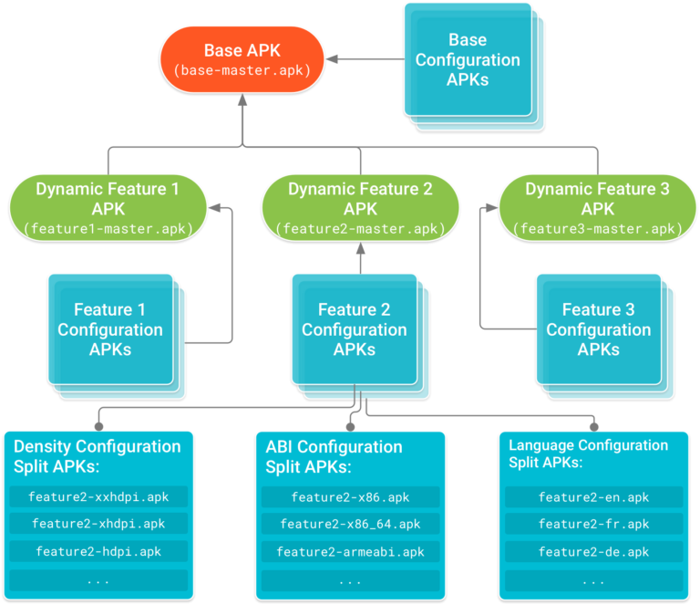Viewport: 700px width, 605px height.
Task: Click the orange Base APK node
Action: click(242, 59)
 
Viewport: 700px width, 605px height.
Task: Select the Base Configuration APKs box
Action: click(467, 60)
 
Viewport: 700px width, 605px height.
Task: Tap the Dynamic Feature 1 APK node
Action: click(108, 208)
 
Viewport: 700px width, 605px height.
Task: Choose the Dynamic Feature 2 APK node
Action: click(360, 208)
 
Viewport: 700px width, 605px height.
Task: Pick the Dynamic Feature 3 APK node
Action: click(597, 208)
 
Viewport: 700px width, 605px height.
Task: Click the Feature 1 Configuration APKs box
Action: click(110, 329)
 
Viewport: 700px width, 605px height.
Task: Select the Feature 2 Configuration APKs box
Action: click(355, 329)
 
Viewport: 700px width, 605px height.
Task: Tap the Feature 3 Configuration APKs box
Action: click(599, 329)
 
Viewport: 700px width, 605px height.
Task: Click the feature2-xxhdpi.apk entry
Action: click(98, 497)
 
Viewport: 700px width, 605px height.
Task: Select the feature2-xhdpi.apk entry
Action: click(98, 524)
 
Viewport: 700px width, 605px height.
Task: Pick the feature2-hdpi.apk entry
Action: click(98, 551)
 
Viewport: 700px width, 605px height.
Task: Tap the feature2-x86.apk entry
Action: click(350, 497)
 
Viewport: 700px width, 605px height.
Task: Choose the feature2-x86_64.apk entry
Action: click(350, 524)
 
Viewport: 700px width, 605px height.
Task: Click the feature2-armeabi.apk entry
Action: click(350, 551)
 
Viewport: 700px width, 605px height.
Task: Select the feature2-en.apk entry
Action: click(593, 497)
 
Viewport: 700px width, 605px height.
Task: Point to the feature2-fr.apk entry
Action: click(593, 524)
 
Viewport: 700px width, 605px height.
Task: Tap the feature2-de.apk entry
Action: click(593, 551)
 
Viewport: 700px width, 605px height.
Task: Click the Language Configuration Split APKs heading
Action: click(588, 454)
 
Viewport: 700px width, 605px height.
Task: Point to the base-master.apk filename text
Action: click(242, 70)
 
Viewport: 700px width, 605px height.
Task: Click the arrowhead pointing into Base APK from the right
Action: click(332, 59)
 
